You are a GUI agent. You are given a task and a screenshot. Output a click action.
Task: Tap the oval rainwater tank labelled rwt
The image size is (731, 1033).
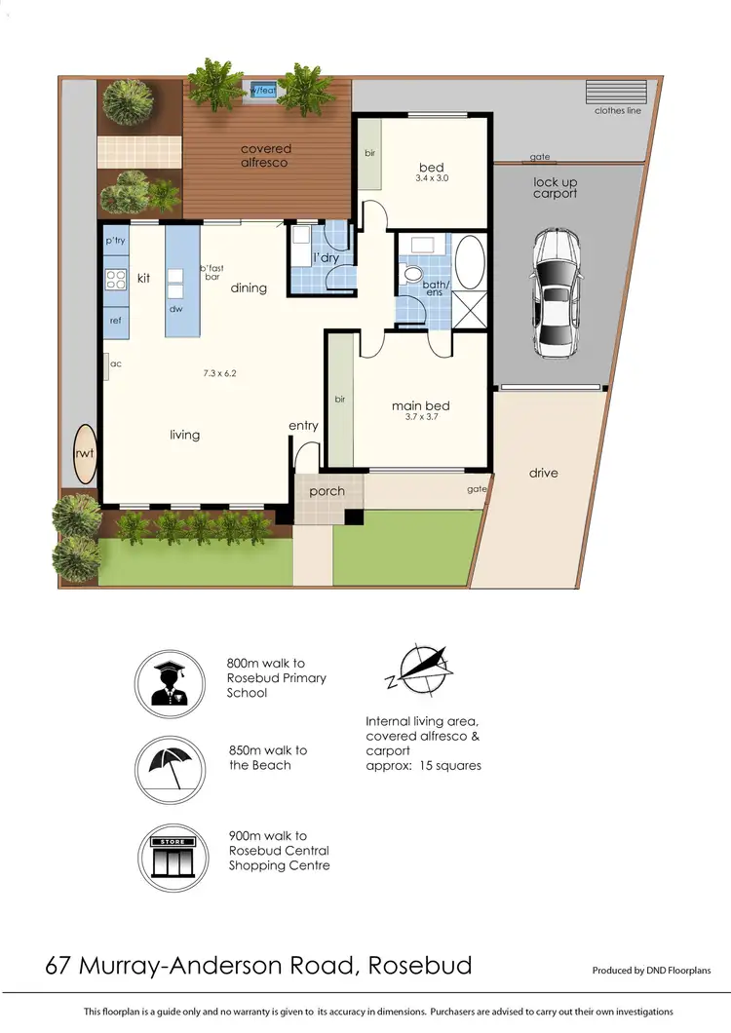pos(84,453)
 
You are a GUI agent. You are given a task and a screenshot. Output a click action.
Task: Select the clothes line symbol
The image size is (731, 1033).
pos(608,92)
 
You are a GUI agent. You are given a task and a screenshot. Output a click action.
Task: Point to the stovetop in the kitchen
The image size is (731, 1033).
pos(116,280)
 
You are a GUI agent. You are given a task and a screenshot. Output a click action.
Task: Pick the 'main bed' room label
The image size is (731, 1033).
pos(420,406)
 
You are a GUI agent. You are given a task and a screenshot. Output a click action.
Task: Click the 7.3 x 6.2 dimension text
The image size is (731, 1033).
pos(220,372)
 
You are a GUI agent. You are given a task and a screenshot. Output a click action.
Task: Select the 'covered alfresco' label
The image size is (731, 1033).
pos(266,156)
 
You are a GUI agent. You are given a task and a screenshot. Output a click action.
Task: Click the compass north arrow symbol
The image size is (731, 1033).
pos(423,668)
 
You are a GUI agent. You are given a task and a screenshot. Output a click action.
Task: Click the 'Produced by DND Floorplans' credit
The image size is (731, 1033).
pos(651,971)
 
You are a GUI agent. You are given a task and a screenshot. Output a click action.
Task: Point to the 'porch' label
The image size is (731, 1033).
pos(327,491)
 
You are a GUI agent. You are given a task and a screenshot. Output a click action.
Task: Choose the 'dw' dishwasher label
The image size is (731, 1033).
pos(176,310)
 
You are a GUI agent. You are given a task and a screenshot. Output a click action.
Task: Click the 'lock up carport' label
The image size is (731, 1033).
pos(556,187)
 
